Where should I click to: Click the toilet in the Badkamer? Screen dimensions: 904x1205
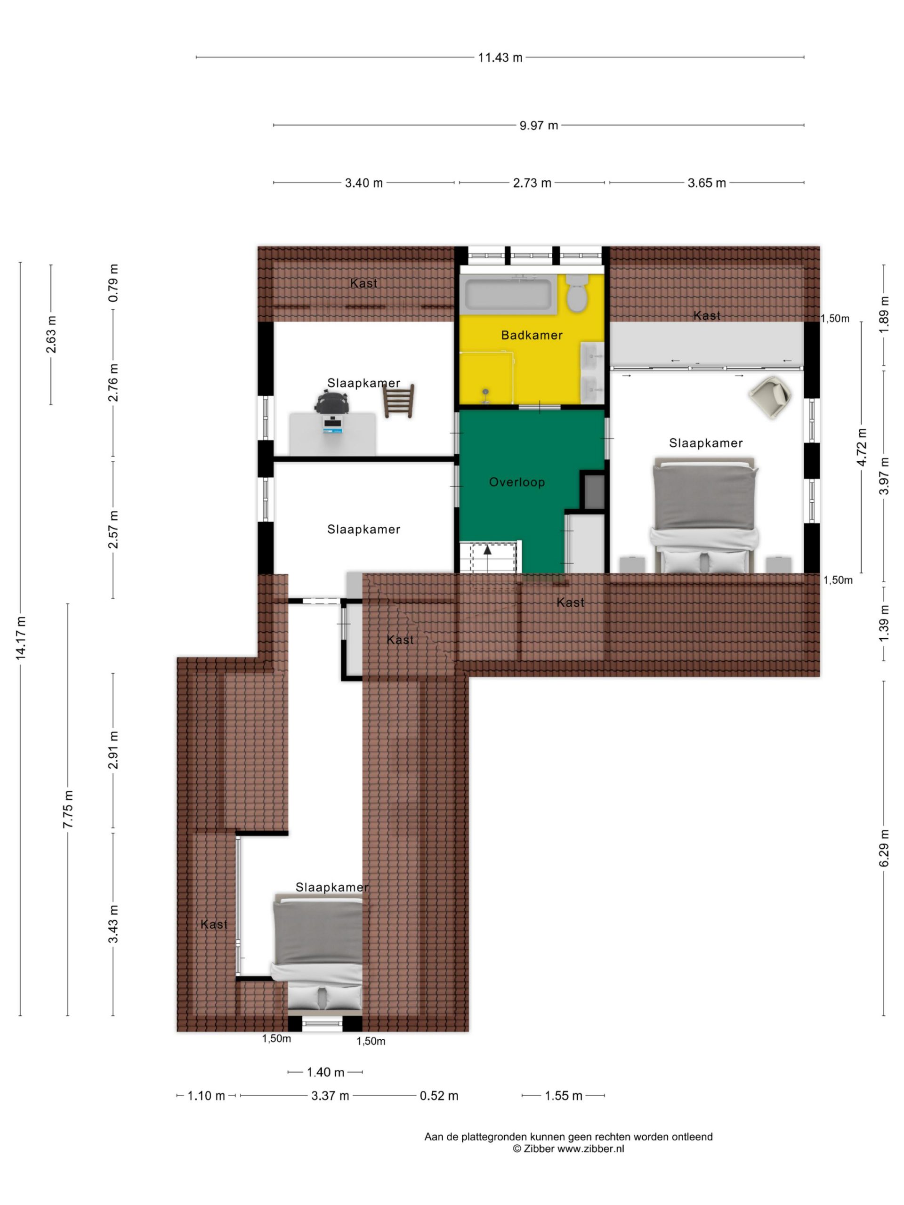(x=576, y=292)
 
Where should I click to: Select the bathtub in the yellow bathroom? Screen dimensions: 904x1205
(x=508, y=294)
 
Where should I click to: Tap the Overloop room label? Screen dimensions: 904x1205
(x=517, y=482)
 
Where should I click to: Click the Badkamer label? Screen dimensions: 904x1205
(x=532, y=335)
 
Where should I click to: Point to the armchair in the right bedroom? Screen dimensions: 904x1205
(x=770, y=397)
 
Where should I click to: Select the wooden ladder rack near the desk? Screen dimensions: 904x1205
(x=398, y=401)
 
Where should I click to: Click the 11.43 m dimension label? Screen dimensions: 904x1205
(x=500, y=57)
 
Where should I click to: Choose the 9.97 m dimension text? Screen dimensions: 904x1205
(x=538, y=125)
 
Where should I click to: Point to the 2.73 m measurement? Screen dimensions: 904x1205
(x=532, y=183)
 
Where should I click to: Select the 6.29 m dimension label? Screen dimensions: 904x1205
(x=884, y=848)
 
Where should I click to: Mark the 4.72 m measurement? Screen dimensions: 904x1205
(x=862, y=447)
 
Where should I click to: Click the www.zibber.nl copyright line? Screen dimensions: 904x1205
(x=568, y=1149)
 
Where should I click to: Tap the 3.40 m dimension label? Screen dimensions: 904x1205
(x=363, y=183)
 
